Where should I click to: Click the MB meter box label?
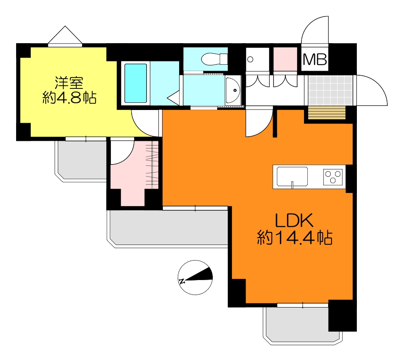click(315, 59)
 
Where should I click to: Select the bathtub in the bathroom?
click(135, 83)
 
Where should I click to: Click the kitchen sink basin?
click(293, 176)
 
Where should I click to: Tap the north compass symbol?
click(195, 278)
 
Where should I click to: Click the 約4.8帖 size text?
click(69, 98)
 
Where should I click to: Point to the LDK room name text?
click(294, 220)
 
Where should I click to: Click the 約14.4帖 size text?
click(295, 237)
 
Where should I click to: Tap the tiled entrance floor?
click(330, 91)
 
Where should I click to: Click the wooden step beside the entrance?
click(326, 113)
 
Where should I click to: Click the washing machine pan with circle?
click(257, 59)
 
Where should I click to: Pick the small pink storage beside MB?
click(285, 59)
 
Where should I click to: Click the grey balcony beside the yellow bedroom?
click(81, 161)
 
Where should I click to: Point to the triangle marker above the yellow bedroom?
click(65, 35)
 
